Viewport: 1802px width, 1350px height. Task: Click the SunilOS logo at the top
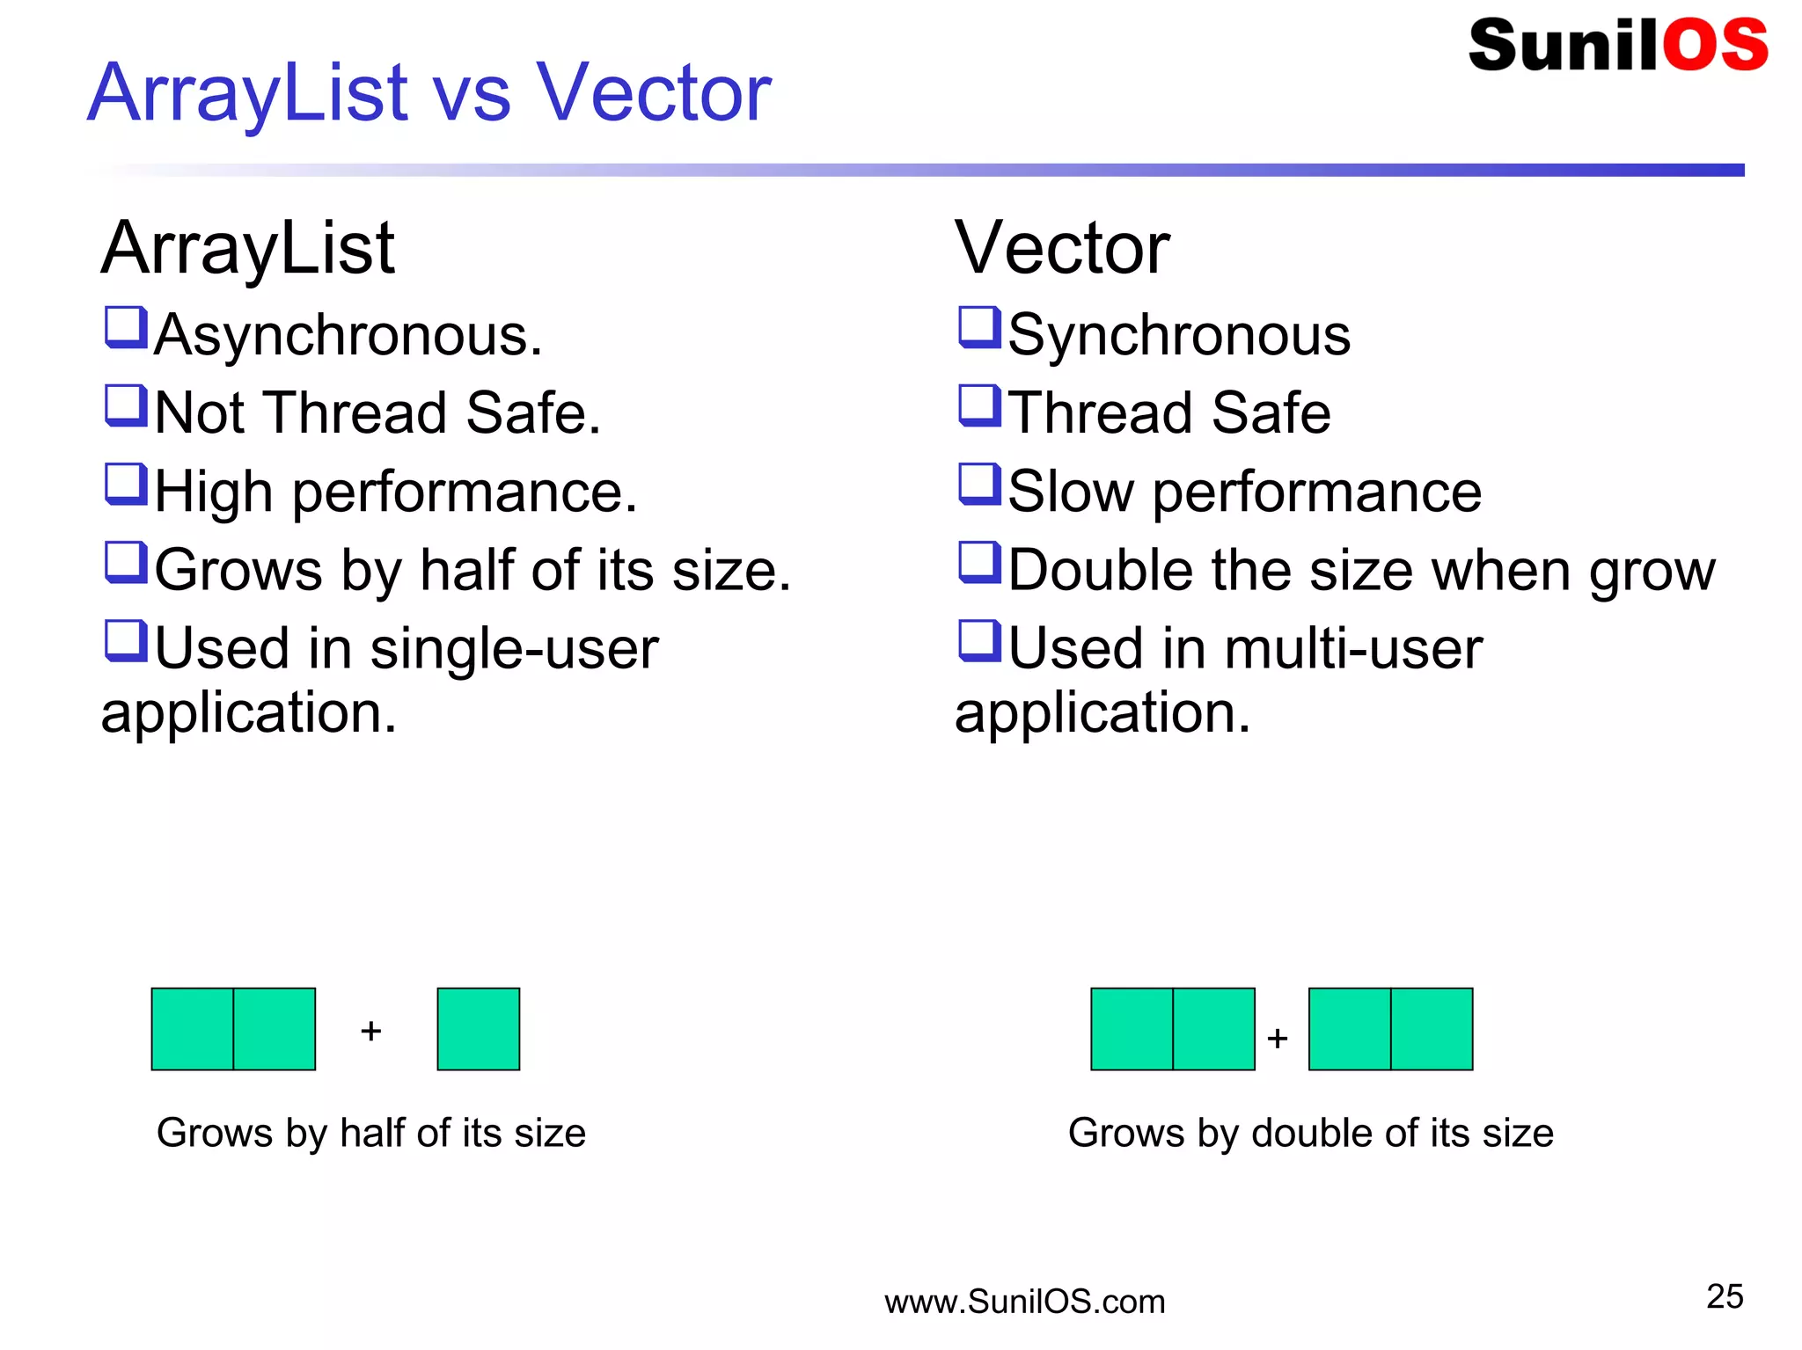1617,46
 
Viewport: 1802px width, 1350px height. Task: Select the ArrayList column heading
247,249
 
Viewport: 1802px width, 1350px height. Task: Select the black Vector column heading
1062,249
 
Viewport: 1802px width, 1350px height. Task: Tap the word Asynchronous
348,336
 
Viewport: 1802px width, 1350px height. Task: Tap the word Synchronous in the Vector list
1179,336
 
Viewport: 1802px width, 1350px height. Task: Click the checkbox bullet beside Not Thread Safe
125,406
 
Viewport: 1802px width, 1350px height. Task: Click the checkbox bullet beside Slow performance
978,485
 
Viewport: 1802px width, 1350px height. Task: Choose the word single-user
514,649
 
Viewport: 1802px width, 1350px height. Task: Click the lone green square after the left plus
478,1029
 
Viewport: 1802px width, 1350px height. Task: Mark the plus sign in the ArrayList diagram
371,1031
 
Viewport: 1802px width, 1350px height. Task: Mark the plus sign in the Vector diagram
1278,1039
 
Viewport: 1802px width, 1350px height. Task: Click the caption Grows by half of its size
371,1133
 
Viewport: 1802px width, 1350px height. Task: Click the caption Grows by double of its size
1310,1133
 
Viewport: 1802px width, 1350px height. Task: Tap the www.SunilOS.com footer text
1024,1302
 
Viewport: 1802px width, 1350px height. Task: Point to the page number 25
1724,1296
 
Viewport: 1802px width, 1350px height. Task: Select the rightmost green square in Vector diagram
1432,1029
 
